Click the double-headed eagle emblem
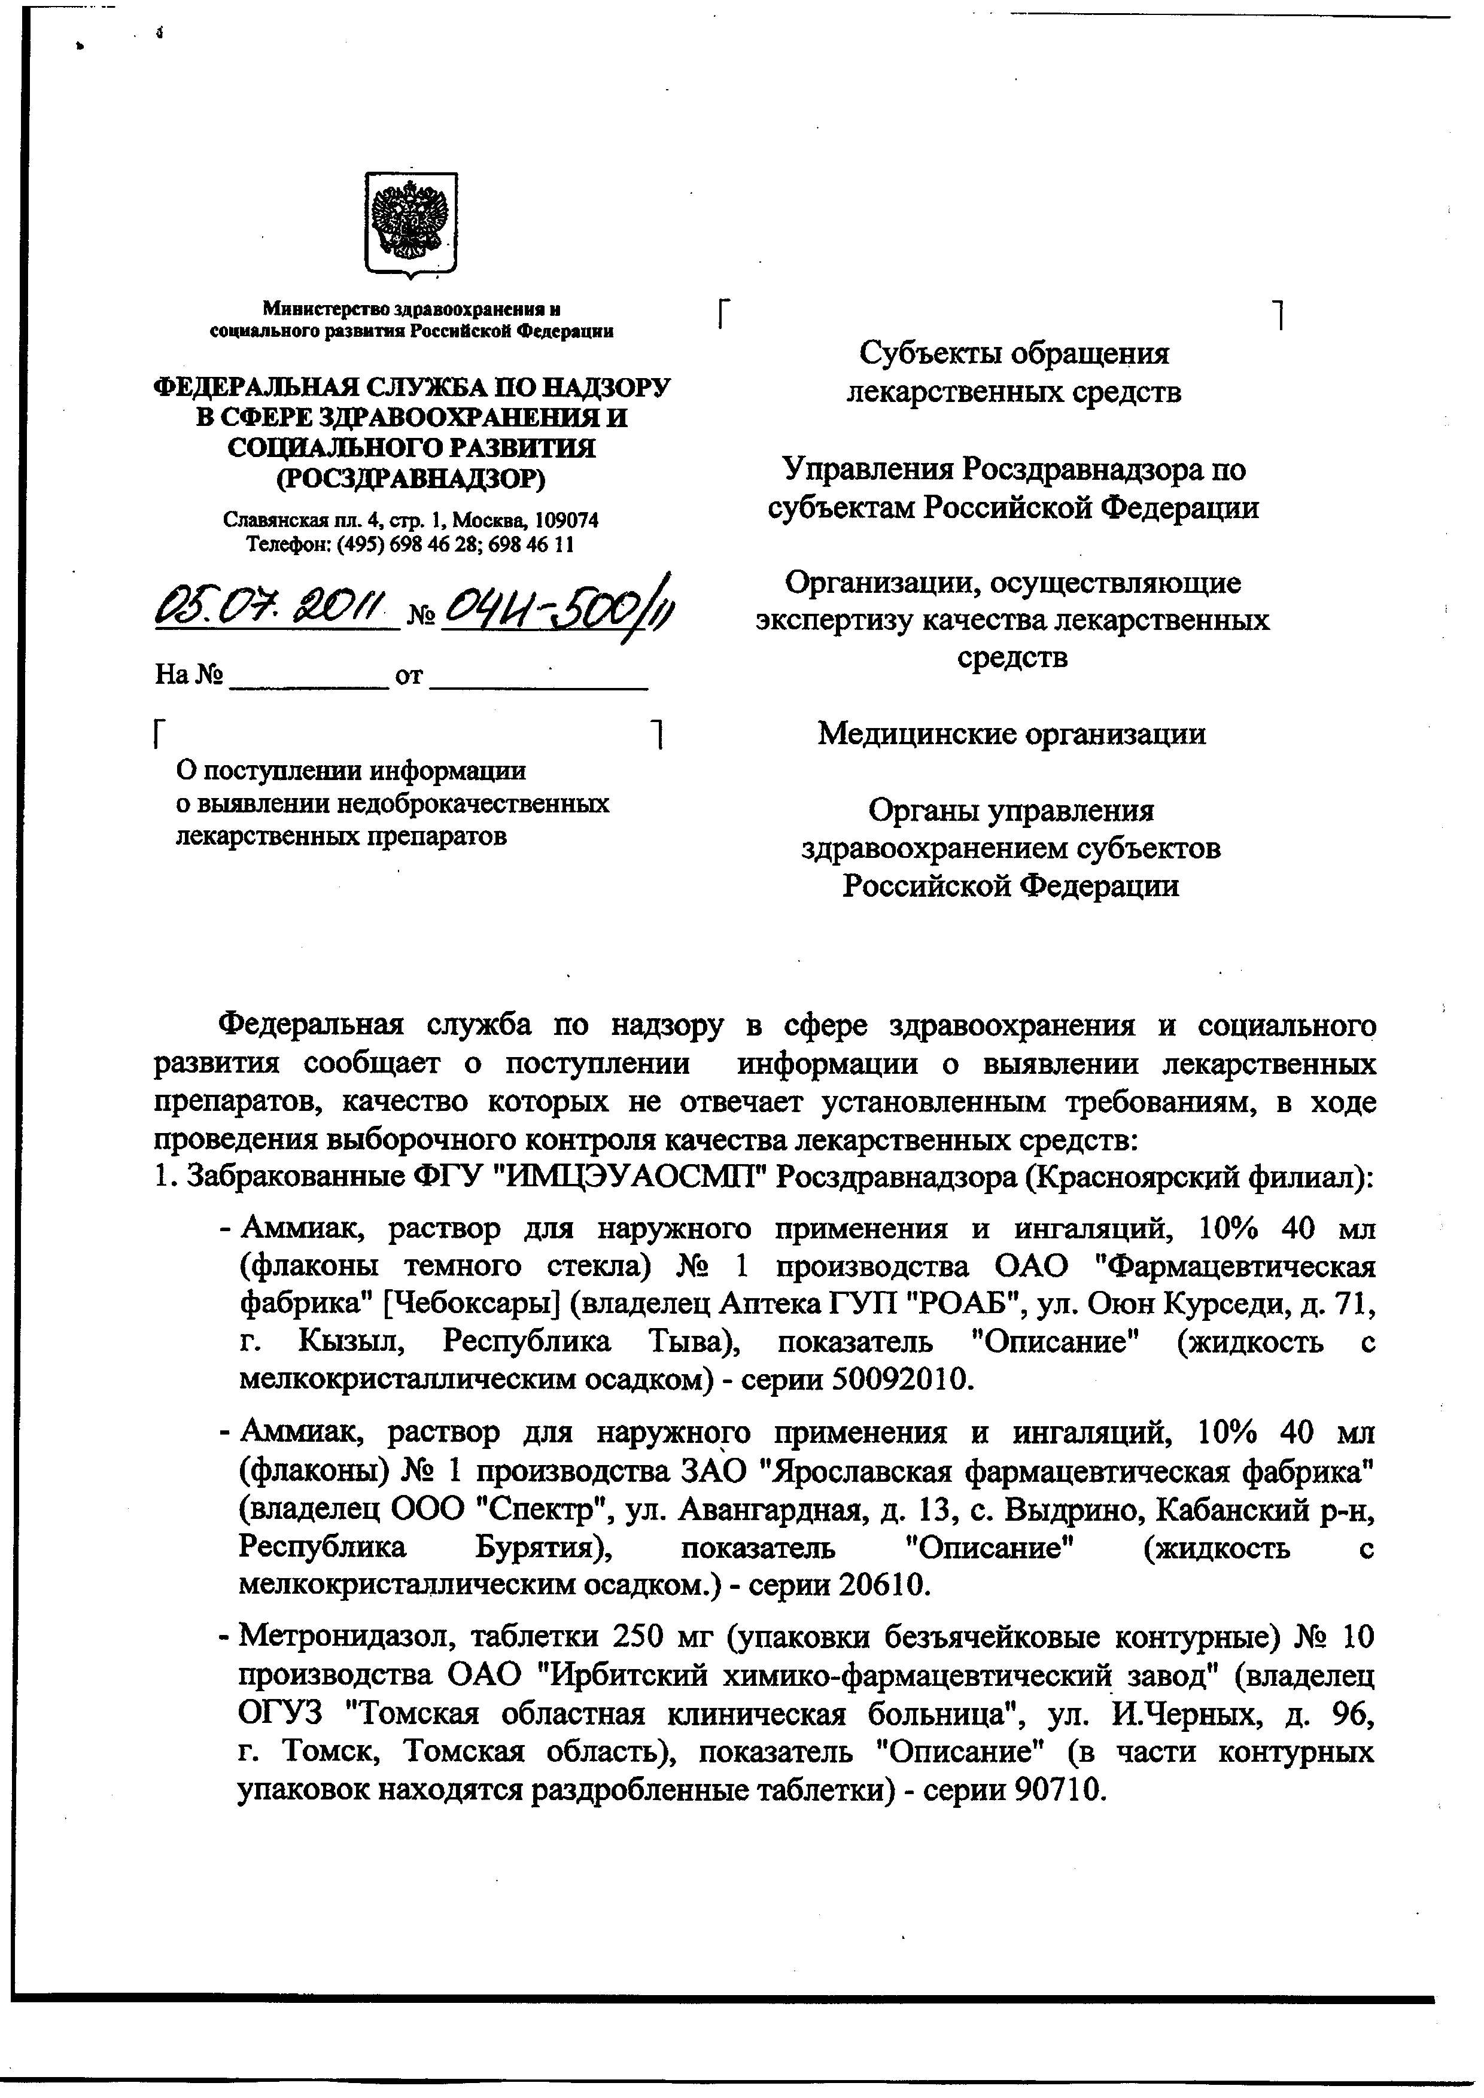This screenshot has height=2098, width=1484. click(x=410, y=224)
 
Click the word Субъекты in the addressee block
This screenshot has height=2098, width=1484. click(x=924, y=353)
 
